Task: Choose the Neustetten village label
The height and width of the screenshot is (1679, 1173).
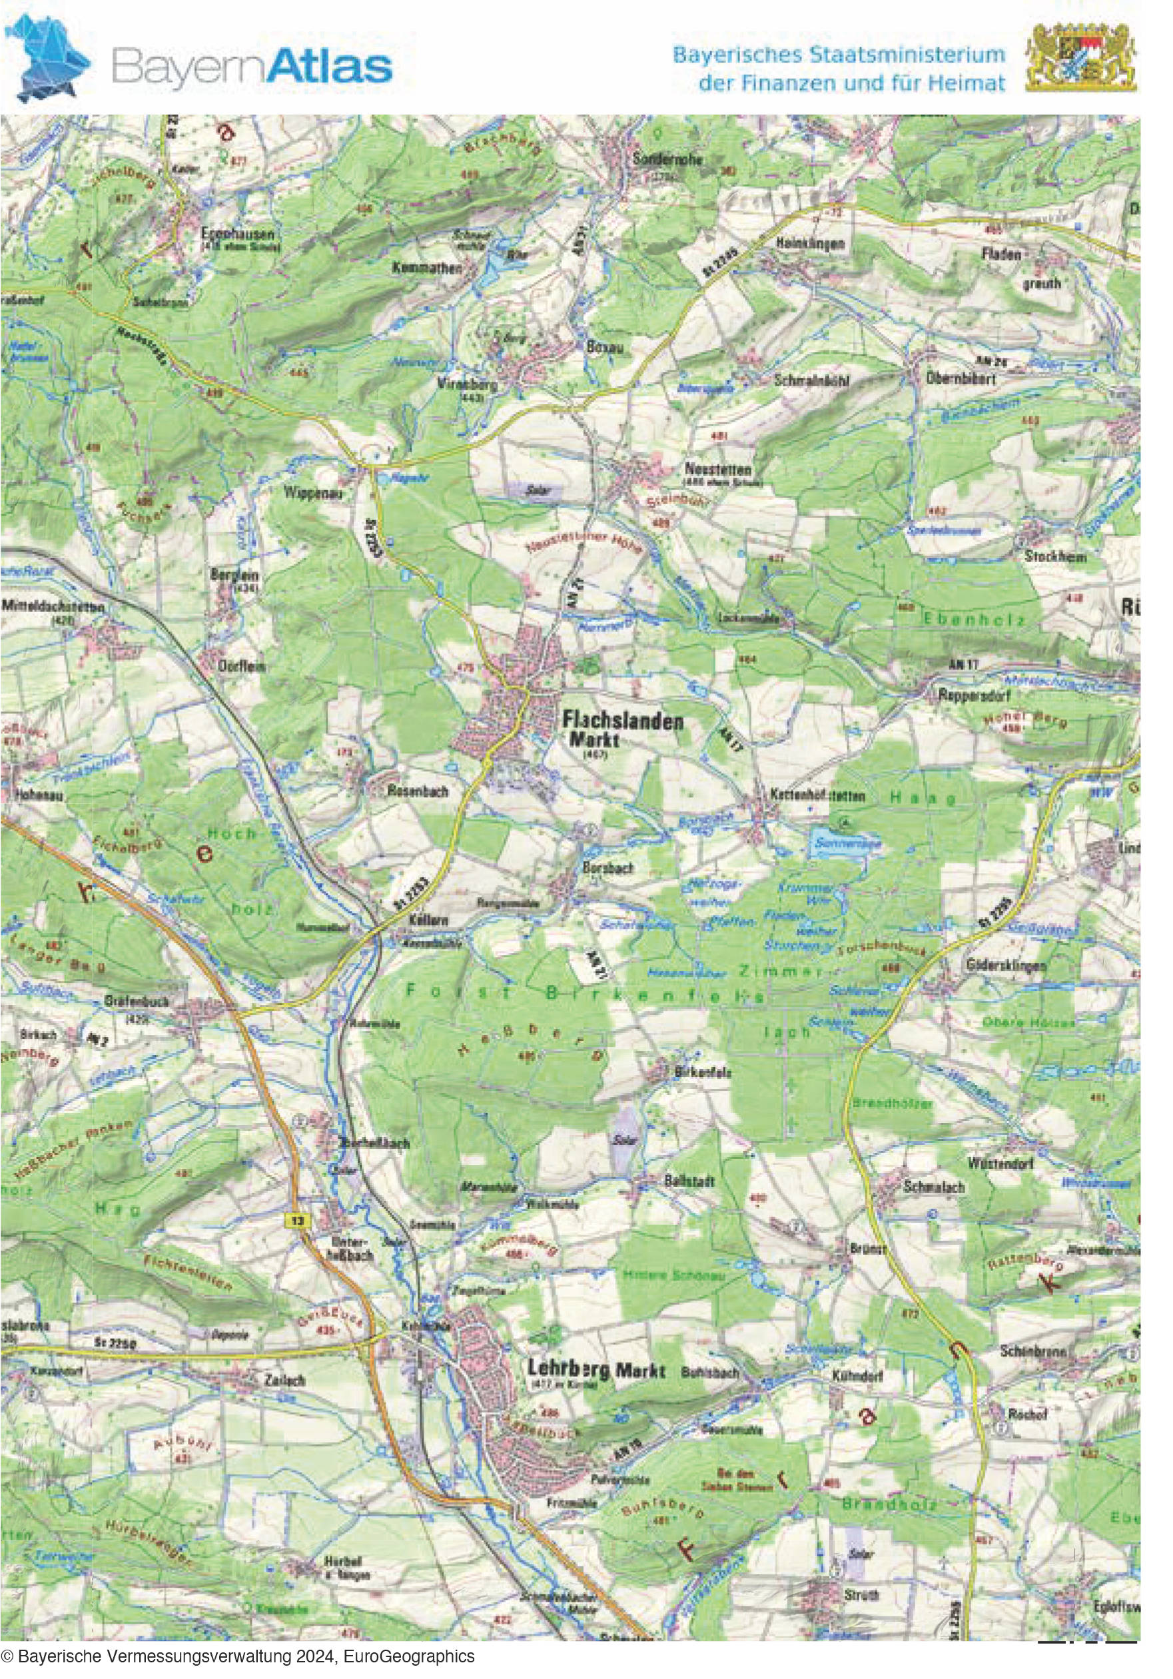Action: (x=717, y=469)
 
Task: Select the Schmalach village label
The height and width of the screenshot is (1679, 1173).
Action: (x=934, y=1187)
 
